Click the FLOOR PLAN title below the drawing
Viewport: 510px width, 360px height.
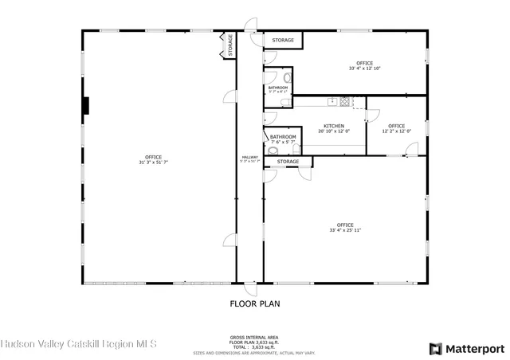pyautogui.click(x=254, y=303)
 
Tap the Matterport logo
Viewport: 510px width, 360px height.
pyautogui.click(x=467, y=348)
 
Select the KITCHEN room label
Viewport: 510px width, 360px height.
pyautogui.click(x=333, y=126)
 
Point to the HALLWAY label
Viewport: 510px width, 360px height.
pyautogui.click(x=249, y=158)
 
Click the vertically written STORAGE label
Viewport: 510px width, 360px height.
pyautogui.click(x=229, y=45)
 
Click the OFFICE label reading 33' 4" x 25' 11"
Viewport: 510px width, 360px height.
pyautogui.click(x=344, y=225)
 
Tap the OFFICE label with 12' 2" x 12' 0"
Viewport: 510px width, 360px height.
pyautogui.click(x=396, y=126)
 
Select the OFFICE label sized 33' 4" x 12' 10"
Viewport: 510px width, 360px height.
pyautogui.click(x=364, y=63)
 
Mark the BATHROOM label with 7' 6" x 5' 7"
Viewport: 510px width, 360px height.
pyautogui.click(x=283, y=137)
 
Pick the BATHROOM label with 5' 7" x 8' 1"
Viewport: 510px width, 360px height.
pyautogui.click(x=277, y=88)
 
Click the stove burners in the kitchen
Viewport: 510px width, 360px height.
pyautogui.click(x=345, y=101)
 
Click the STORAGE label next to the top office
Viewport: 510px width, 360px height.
pyautogui.click(x=283, y=40)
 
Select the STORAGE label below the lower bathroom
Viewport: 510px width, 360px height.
pyautogui.click(x=288, y=162)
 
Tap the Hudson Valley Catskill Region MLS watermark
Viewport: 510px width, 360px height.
pyautogui.click(x=79, y=345)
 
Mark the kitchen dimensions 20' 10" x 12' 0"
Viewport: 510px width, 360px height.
pyautogui.click(x=333, y=131)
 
